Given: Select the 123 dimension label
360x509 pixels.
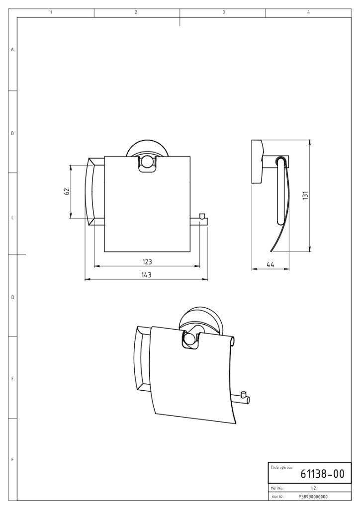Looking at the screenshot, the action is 147,261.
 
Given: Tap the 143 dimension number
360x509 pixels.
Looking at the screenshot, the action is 146,274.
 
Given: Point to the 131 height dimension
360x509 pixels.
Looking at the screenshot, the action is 305,195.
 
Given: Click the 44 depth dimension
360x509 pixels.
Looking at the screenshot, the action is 270,264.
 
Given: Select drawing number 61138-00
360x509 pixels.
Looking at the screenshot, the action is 322,474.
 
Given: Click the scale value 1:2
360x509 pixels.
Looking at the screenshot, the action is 313,488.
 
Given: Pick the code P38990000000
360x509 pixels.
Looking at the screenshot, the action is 313,497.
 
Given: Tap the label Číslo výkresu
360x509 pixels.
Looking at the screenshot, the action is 281,468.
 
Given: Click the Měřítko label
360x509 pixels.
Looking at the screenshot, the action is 277,488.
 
